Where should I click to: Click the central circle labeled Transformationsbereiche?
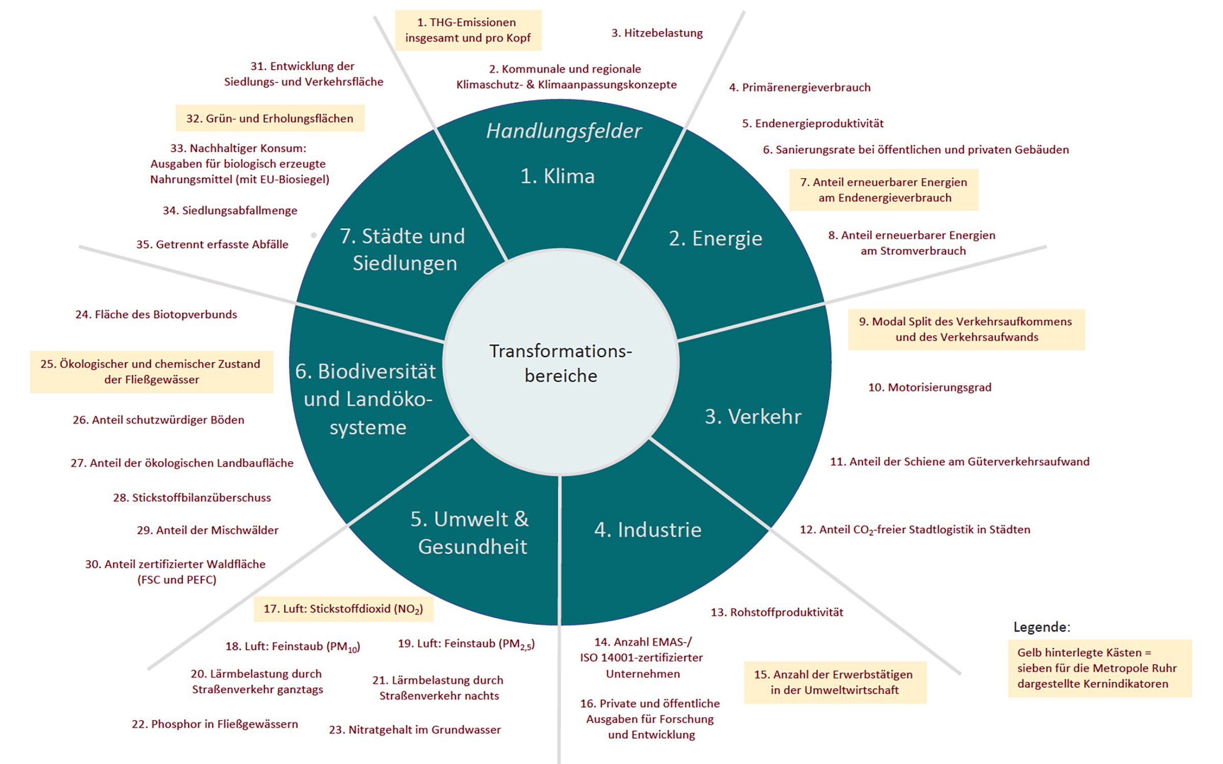coord(561,363)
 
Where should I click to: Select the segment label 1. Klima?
coord(557,176)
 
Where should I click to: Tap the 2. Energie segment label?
coord(715,238)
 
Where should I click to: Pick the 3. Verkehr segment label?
coord(753,417)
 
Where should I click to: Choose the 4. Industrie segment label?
coord(648,530)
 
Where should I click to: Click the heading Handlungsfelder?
coord(564,131)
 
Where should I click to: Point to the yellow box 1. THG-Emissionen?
coord(468,30)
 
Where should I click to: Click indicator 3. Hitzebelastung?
coord(657,33)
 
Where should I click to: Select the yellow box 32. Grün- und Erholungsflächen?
coord(270,118)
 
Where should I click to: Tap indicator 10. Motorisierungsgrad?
coord(929,388)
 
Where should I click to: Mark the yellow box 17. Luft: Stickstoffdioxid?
coord(343,609)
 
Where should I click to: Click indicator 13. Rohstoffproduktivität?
coord(777,612)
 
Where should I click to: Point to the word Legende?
coord(1041,627)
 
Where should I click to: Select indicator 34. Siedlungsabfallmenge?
coord(230,210)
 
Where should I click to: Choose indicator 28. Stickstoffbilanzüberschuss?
coord(192,498)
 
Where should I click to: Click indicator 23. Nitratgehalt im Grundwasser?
coord(415,730)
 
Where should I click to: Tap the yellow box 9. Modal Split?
coord(966,329)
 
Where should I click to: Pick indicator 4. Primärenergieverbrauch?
coord(800,88)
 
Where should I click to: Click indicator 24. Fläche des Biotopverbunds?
coord(156,314)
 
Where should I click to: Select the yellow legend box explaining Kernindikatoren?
coord(1099,668)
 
